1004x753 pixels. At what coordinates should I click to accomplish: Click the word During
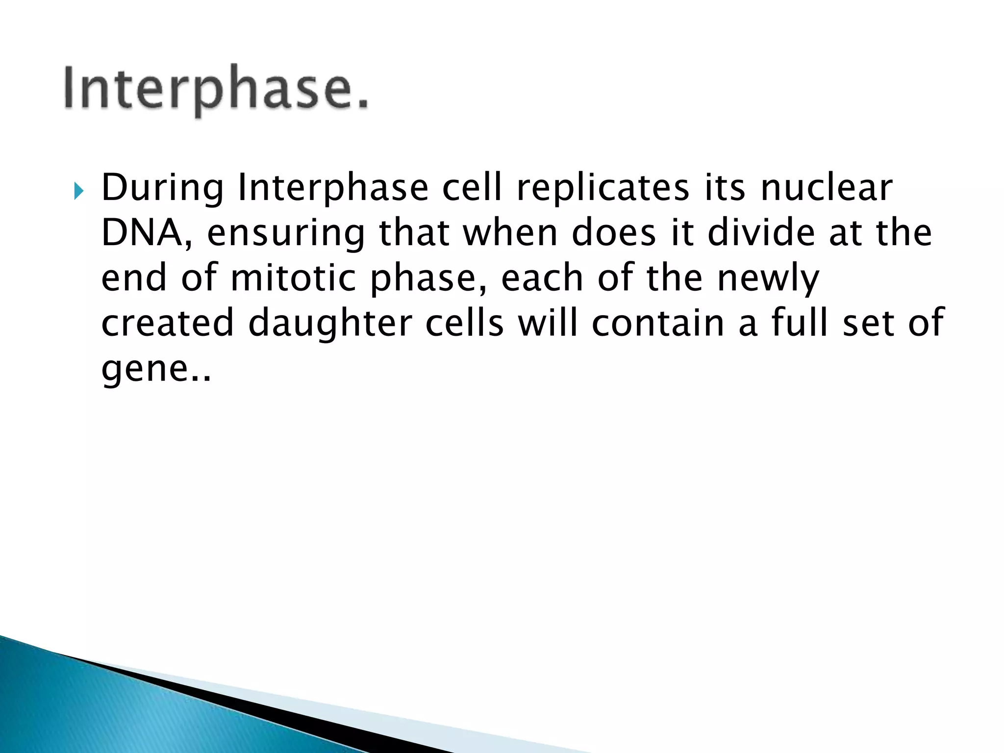point(162,188)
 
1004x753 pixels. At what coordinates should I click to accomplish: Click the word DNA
point(146,233)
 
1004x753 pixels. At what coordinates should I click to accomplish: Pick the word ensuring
point(286,234)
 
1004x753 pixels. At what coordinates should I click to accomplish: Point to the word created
point(168,324)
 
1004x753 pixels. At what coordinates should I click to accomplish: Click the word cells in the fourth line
point(464,324)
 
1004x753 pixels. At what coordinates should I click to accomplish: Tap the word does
point(614,233)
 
